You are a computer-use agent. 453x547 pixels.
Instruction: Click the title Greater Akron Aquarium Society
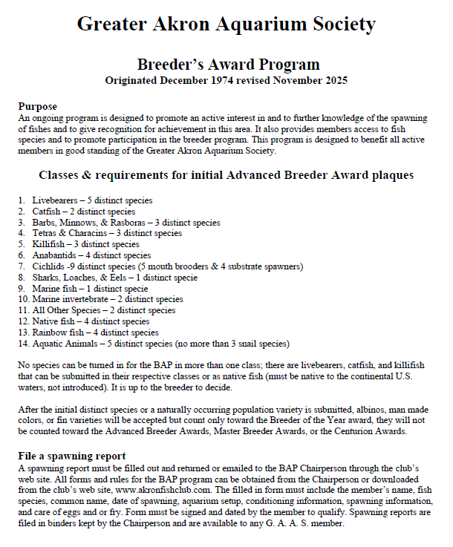pyautogui.click(x=226, y=24)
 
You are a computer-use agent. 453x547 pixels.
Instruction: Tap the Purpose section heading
pyautogui.click(x=37, y=106)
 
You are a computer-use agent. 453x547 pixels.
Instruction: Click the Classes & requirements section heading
pyautogui.click(x=226, y=176)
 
